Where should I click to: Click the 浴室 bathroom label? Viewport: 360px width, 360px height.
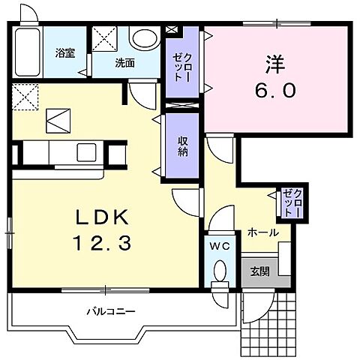tap(65, 53)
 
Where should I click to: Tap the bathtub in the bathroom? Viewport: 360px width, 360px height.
tap(28, 52)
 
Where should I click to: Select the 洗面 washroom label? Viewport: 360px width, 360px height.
tap(124, 63)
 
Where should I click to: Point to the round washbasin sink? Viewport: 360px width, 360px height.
tap(145, 39)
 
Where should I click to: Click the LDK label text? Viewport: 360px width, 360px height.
tap(102, 217)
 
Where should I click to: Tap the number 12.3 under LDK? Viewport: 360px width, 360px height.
tap(102, 244)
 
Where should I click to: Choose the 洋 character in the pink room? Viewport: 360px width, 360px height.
tap(275, 64)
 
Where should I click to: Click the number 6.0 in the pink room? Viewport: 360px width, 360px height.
tap(275, 90)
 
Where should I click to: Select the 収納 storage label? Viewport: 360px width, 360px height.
tap(182, 147)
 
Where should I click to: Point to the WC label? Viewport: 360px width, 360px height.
tap(220, 247)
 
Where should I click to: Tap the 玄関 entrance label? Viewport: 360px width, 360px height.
tap(259, 271)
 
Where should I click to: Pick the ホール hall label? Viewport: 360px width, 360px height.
tap(263, 233)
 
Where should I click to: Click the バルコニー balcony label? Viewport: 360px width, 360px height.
tap(111, 312)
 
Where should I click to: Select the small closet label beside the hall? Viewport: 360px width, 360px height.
tap(292, 203)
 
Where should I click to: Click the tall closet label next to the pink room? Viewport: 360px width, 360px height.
tap(182, 67)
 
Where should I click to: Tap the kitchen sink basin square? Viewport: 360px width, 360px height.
tap(86, 152)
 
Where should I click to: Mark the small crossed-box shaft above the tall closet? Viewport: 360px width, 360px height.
tap(172, 29)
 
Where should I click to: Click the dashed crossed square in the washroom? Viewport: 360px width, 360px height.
tap(104, 39)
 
